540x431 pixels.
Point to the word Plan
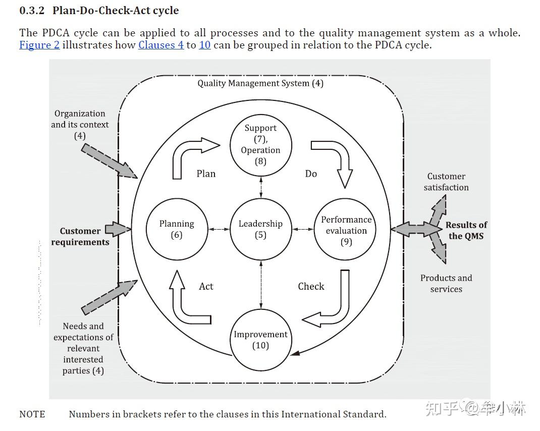(206, 174)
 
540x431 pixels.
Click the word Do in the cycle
(311, 174)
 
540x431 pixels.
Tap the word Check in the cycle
(311, 286)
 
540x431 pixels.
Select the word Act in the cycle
(206, 286)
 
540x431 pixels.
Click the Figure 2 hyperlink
(39, 45)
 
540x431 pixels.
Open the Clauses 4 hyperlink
(161, 45)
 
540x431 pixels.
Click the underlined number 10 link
(204, 45)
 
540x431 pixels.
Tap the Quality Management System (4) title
(260, 83)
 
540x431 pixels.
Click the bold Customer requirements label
(80, 236)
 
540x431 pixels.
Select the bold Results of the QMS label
(466, 231)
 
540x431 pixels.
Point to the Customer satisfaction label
(446, 182)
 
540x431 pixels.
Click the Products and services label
(446, 284)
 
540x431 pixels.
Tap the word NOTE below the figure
(32, 414)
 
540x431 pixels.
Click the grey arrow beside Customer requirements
(118, 229)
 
